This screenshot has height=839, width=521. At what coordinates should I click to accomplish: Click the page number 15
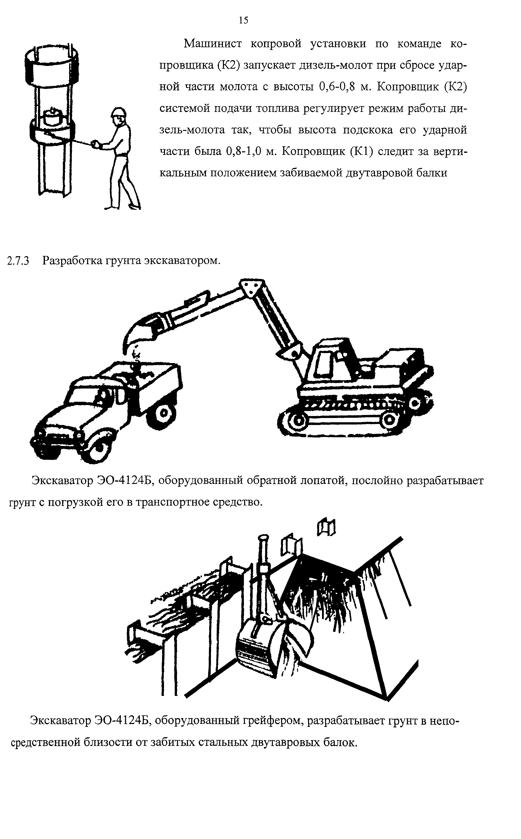pos(243,21)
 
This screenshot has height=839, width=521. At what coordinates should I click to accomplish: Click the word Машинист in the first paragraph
pos(213,44)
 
